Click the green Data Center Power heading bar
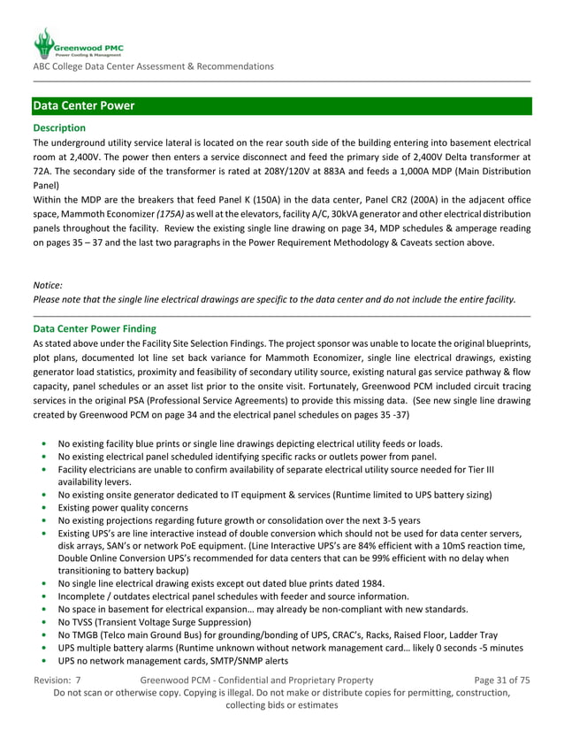click(281, 106)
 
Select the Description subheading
click(59, 127)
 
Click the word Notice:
click(48, 285)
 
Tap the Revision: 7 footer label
click(57, 680)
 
